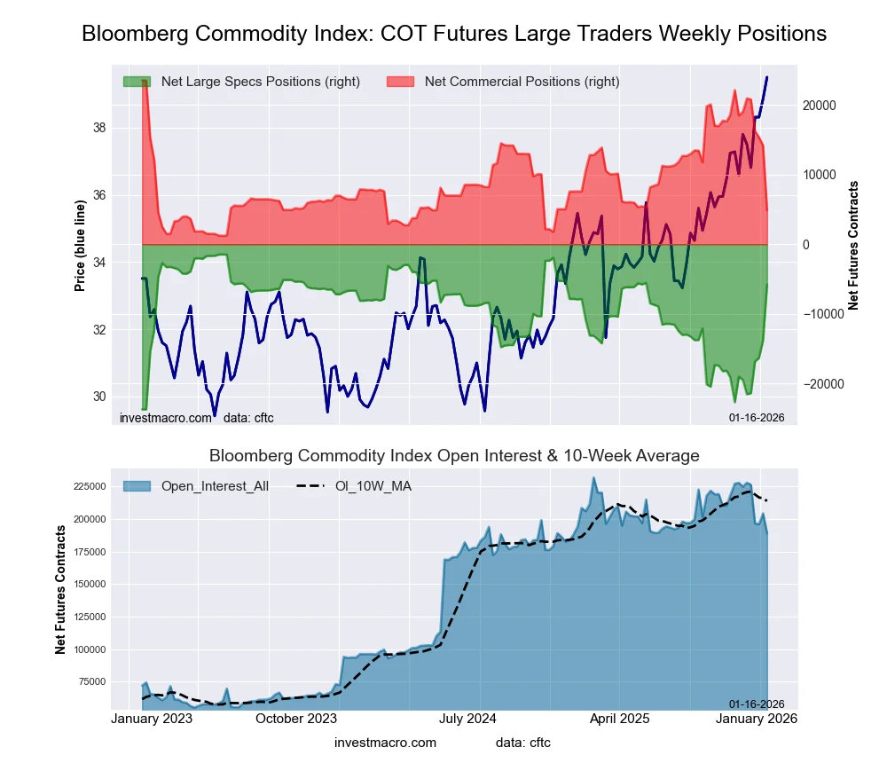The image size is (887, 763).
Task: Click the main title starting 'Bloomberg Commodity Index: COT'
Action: point(454,34)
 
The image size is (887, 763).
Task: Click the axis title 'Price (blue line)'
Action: point(81,246)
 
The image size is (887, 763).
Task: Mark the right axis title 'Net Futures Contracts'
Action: point(854,246)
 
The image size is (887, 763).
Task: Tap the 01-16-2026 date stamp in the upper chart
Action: point(757,417)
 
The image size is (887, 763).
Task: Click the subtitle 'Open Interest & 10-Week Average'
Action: point(454,456)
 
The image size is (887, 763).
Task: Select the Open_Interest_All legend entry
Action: point(215,486)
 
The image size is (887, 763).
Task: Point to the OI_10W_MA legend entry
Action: point(373,486)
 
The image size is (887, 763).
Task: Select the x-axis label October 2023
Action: point(296,719)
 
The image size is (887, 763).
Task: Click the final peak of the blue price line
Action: point(766,78)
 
